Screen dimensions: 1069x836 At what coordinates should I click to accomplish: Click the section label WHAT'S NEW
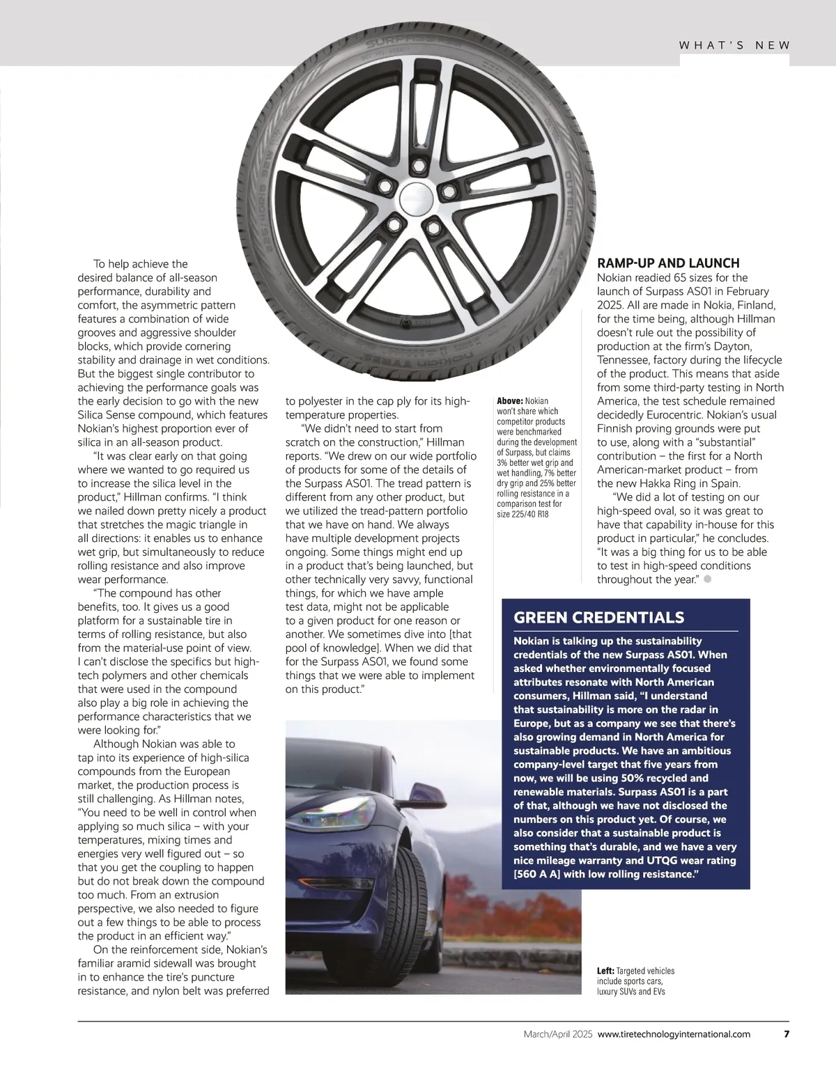(734, 45)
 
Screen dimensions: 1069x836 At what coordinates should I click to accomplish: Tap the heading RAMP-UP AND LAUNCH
(668, 263)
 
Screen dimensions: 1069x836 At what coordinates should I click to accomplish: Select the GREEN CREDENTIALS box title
(598, 618)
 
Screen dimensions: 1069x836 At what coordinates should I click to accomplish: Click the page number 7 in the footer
(787, 1033)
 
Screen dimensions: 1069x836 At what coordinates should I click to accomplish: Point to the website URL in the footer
(674, 1034)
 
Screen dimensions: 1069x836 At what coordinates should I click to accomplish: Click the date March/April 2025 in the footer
(558, 1034)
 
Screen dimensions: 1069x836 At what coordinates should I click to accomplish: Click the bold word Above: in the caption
(509, 401)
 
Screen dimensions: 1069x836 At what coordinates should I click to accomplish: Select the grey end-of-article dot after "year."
(707, 579)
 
